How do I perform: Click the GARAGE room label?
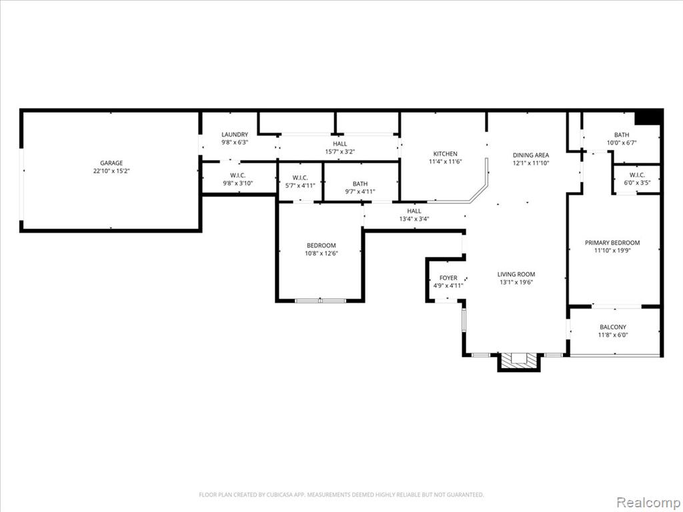coord(111,163)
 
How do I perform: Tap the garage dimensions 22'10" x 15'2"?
coord(111,171)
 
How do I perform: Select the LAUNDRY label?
coord(235,135)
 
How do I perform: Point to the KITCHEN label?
coord(445,154)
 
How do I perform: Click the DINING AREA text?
coord(530,155)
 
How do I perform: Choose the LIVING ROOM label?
coord(516,274)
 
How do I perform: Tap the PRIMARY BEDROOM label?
coord(612,243)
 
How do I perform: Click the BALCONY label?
coord(613,327)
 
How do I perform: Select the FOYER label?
coord(448,278)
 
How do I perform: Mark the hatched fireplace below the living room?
coord(519,360)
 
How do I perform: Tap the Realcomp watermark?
coord(648,502)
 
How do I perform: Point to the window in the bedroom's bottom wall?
coord(321,301)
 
